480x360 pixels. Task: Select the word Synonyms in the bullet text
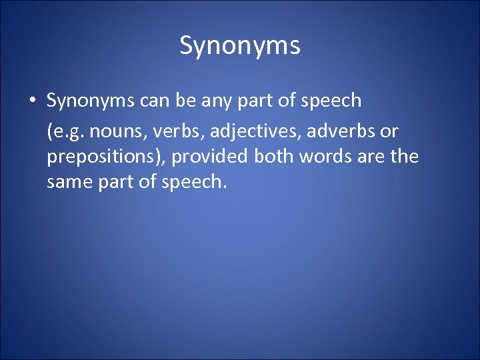click(x=90, y=101)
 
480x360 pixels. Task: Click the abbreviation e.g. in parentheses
click(x=66, y=130)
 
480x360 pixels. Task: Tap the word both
click(x=274, y=157)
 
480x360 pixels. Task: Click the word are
click(x=370, y=157)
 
